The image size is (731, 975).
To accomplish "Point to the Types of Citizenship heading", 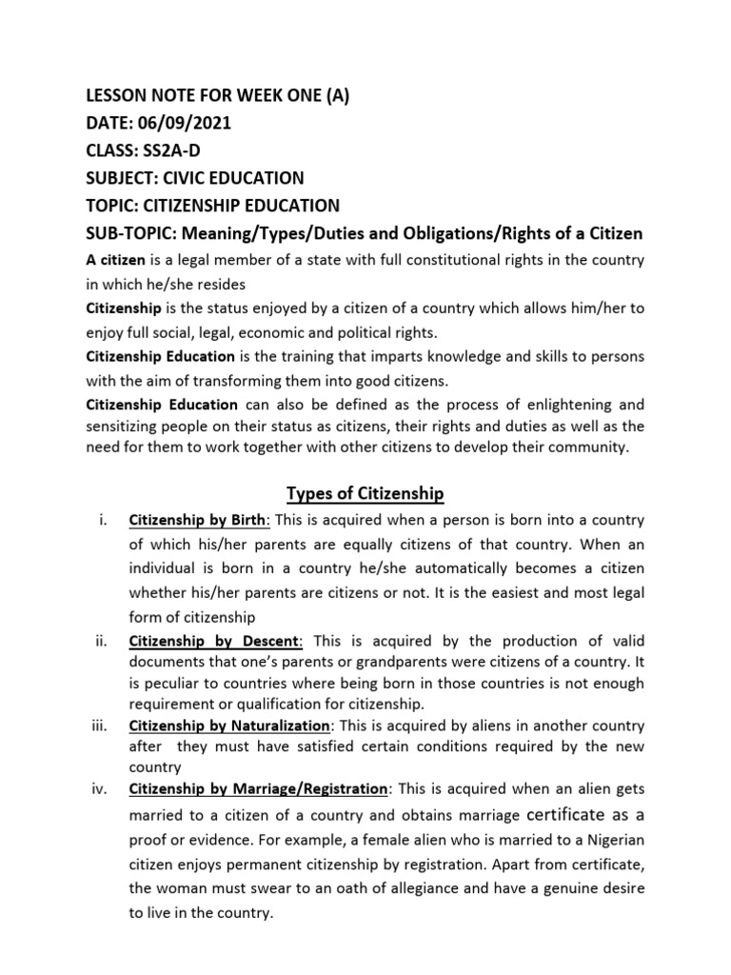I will (365, 492).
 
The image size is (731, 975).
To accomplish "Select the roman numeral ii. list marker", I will (102, 641).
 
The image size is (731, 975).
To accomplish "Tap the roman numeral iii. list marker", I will (102, 725).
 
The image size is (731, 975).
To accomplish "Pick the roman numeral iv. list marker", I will (102, 789).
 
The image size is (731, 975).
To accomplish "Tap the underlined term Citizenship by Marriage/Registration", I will (258, 789).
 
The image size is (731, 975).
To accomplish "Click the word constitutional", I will (450, 260).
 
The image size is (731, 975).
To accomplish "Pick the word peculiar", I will (176, 684).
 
